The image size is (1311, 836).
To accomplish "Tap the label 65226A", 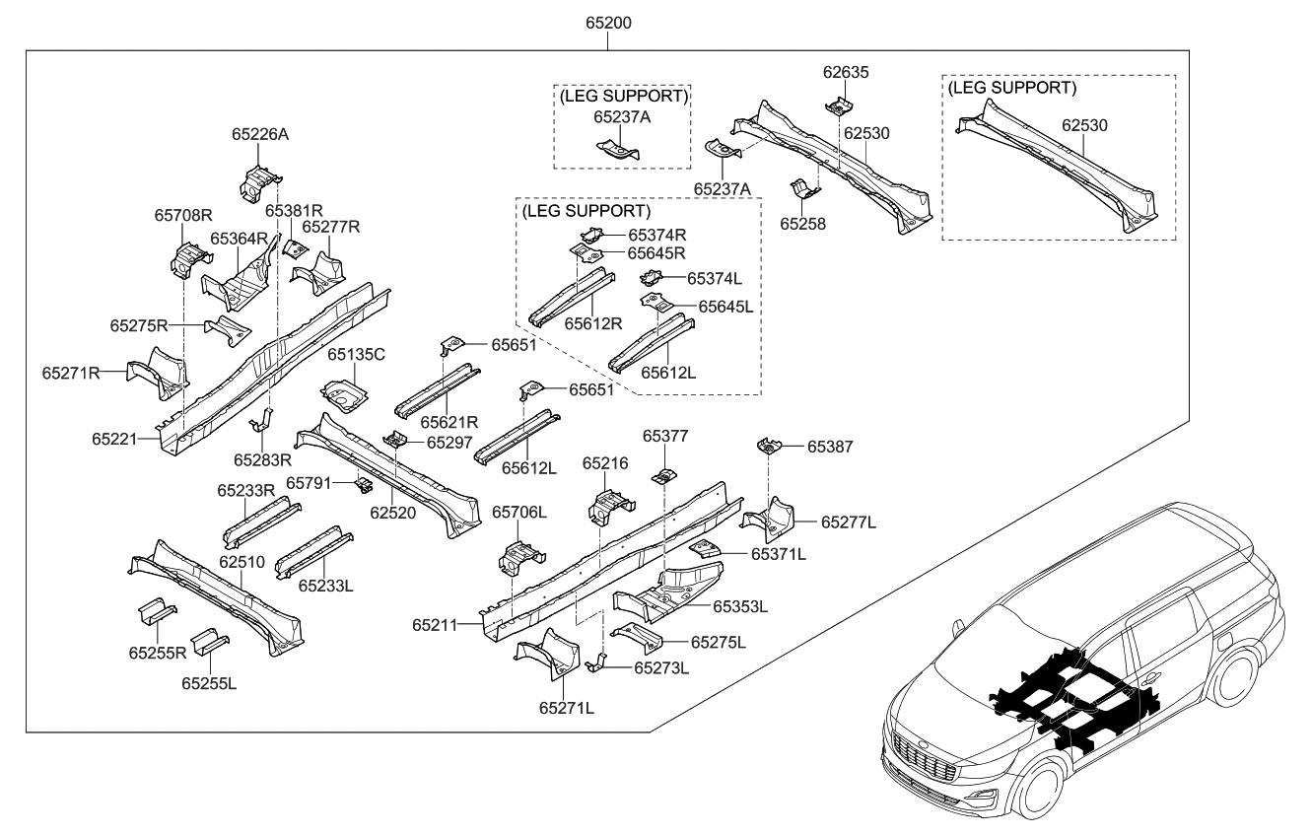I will (x=260, y=134).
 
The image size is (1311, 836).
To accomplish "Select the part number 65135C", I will (x=356, y=354).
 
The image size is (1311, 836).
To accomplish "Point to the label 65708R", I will (x=183, y=215).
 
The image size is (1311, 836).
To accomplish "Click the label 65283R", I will (x=263, y=459).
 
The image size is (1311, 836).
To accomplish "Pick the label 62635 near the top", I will (x=846, y=73).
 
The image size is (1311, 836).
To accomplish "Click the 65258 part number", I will (x=802, y=224).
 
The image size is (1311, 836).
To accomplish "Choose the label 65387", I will (x=831, y=447).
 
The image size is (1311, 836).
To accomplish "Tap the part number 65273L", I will (x=660, y=667).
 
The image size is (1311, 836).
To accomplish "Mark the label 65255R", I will (x=157, y=652).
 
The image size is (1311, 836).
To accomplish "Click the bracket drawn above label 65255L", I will (x=209, y=642).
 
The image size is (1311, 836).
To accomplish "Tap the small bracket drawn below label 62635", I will (x=838, y=104).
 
